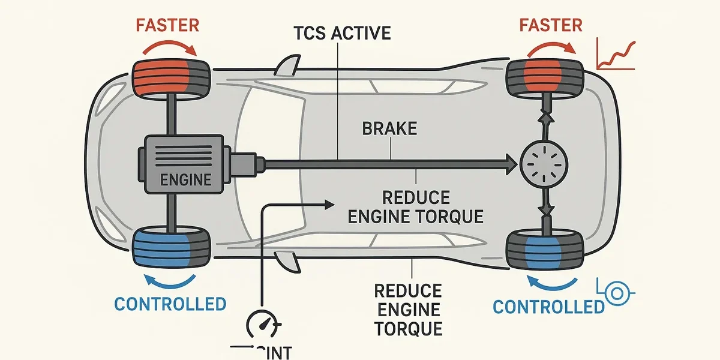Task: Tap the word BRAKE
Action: click(x=389, y=128)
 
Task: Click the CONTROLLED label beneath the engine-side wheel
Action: click(x=170, y=304)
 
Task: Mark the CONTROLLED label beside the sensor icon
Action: click(x=548, y=307)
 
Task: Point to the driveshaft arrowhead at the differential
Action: click(x=511, y=162)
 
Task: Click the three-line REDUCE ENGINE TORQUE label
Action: click(x=408, y=310)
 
